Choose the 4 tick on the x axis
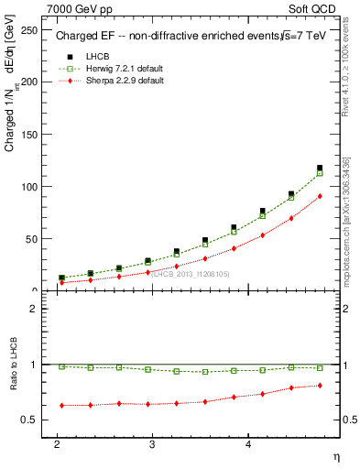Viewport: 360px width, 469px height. (248, 443)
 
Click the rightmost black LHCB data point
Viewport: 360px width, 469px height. (320, 168)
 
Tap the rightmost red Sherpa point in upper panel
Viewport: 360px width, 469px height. (320, 196)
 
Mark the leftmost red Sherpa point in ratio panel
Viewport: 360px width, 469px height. (61, 405)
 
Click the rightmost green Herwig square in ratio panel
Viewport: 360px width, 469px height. (320, 368)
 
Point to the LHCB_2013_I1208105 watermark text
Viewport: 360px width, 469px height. (191, 274)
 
